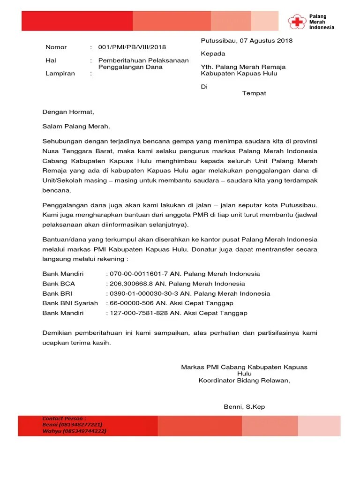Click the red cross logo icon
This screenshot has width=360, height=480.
coord(297,22)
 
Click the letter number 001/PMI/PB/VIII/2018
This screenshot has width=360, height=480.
coord(132,47)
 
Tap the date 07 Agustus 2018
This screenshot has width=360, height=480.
coord(266,40)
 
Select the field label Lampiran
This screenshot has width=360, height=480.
coord(57,74)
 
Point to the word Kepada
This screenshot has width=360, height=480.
coord(213,53)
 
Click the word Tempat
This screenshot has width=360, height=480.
coord(254,93)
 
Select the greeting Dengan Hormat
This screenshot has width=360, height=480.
coord(68,112)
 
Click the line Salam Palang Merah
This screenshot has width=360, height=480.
coord(76,126)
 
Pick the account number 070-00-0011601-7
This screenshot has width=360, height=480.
coord(138,274)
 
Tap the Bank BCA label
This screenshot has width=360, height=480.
coord(59,284)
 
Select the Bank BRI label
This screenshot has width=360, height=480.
coord(58,293)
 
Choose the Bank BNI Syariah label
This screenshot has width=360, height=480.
coord(70,303)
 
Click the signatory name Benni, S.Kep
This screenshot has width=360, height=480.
coord(244,406)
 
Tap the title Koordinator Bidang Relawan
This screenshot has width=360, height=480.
coord(244,381)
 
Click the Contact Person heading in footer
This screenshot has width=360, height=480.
coord(64,418)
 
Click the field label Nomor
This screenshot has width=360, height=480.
coord(56,47)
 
